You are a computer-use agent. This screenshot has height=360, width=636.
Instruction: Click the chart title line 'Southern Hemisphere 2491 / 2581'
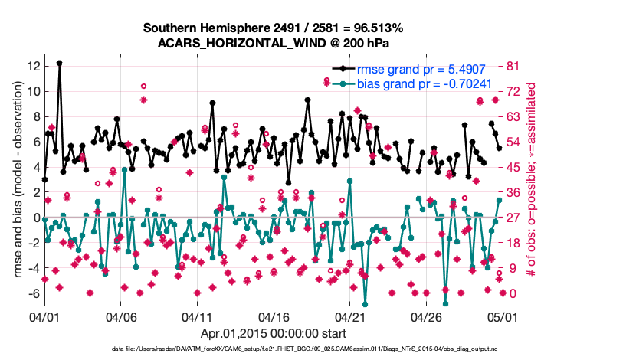[x=273, y=28]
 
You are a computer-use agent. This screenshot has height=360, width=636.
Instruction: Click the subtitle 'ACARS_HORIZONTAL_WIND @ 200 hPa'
[x=273, y=42]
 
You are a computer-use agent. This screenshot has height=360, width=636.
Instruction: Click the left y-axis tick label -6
[x=31, y=293]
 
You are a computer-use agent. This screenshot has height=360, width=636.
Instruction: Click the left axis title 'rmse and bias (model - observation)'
[x=15, y=181]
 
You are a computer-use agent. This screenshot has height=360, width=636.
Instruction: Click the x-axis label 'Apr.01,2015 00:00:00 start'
[x=274, y=334]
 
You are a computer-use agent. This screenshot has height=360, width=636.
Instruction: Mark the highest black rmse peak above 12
[x=59, y=63]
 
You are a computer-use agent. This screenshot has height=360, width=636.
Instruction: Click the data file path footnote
[x=273, y=349]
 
